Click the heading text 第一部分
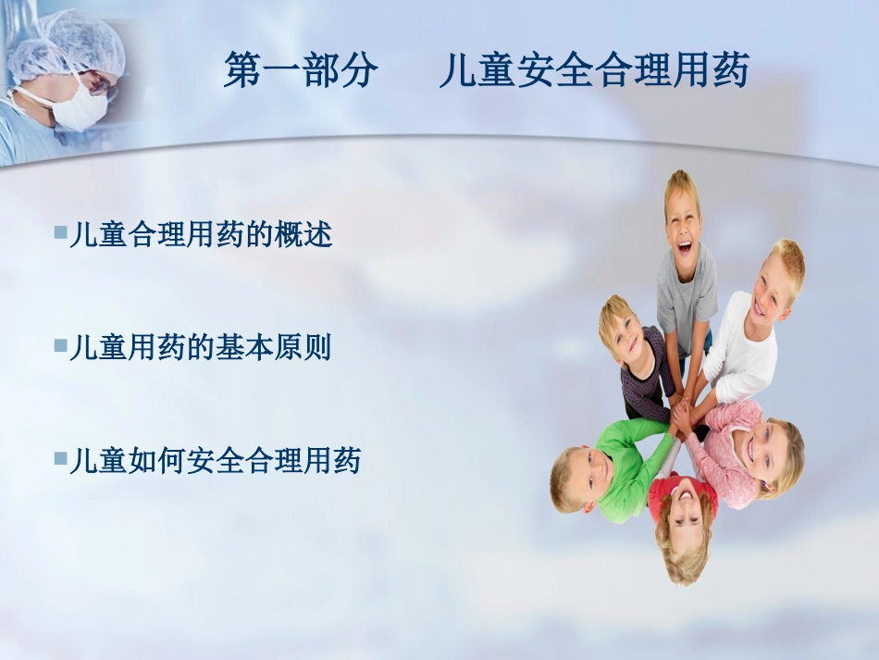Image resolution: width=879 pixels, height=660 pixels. [x=301, y=71]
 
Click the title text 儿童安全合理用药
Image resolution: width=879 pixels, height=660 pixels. [x=593, y=71]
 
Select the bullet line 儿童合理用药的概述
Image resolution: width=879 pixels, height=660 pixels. [x=200, y=235]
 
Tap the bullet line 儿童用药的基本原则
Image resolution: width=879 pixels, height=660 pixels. [x=200, y=348]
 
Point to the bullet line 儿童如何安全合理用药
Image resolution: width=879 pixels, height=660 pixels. [x=214, y=460]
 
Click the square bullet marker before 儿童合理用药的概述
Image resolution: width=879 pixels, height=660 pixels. [x=60, y=231]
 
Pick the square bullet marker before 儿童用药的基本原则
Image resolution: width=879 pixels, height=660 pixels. [x=60, y=345]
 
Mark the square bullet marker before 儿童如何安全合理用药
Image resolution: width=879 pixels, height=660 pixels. [x=60, y=457]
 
